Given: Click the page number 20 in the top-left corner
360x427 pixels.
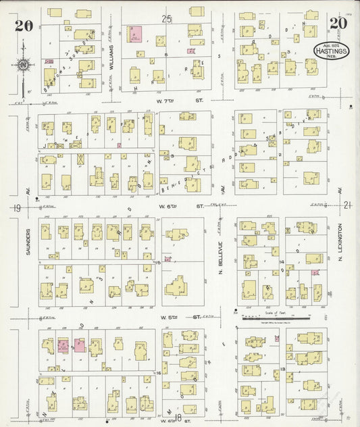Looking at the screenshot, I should tap(23, 26).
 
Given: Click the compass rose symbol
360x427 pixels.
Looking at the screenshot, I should tap(23, 66).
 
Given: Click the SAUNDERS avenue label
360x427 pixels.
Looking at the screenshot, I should tap(30, 245).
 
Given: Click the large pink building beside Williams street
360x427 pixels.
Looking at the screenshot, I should tap(136, 36).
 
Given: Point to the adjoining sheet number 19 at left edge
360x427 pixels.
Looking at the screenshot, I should tap(16, 208).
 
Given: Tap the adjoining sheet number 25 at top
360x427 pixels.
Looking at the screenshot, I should tap(168, 19).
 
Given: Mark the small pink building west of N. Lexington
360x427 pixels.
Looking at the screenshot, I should tap(315, 273).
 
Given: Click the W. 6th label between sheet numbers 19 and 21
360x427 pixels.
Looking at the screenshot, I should tap(177, 205).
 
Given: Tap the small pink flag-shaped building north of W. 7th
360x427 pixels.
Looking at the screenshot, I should tap(191, 50).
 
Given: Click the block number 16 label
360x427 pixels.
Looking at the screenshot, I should tap(159, 372).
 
